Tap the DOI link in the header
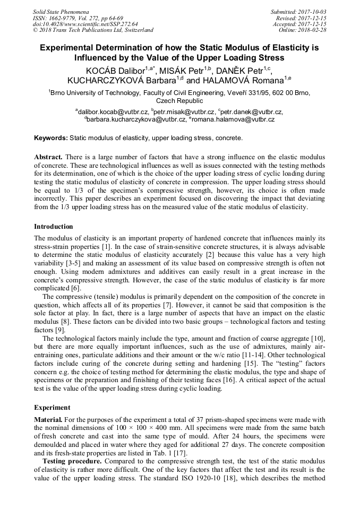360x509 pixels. (85, 24)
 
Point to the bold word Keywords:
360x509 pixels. (51, 138)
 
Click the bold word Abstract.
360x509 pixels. (48, 158)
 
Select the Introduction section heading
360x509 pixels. (54, 227)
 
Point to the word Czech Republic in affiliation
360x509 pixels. (179, 100)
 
